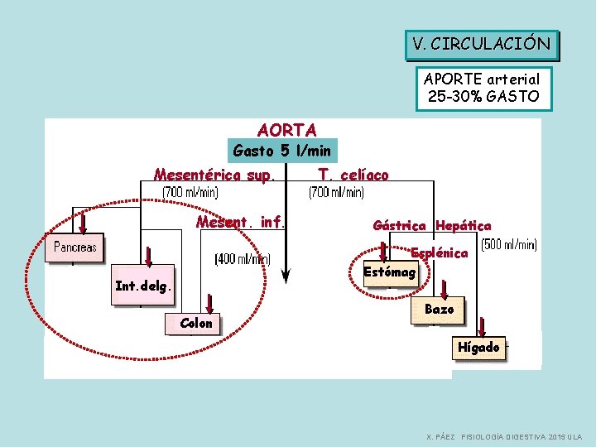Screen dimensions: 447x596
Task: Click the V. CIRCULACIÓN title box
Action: pos(482,45)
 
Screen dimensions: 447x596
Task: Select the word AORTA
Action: pos(286,130)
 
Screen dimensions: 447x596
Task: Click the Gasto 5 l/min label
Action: pos(281,151)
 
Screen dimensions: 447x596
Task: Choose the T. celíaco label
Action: pos(353,175)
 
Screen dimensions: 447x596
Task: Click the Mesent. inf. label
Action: pos(240,222)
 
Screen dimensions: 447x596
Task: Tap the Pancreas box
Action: pos(75,247)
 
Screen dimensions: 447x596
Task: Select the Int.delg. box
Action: pos(144,287)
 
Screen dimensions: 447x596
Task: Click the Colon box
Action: pos(196,323)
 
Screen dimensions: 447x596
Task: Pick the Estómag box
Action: pos(391,272)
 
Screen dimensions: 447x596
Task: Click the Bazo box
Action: pos(439,309)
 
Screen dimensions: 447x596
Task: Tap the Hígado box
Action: pos(478,348)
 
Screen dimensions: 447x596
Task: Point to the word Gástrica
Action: pos(400,225)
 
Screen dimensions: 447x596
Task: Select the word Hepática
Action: pos(463,225)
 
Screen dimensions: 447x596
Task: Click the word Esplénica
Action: pos(440,252)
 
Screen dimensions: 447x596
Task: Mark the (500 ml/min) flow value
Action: pos(509,244)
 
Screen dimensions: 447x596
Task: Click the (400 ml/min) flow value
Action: pos(243,259)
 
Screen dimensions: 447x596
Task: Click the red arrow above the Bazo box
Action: pos(444,288)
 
